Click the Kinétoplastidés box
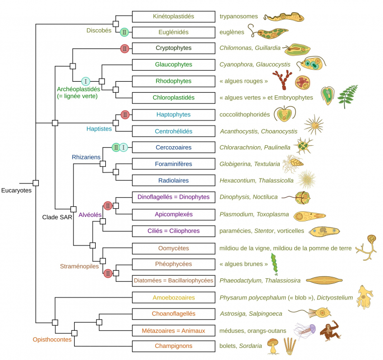[173, 17]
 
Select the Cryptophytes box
[173, 49]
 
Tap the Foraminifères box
[173, 164]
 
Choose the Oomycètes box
[173, 248]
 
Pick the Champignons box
[173, 346]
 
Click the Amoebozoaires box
[173, 298]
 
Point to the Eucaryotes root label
[16, 191]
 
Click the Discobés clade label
[99, 30]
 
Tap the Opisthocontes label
[52, 339]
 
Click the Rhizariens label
[86, 157]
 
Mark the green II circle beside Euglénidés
[124, 32]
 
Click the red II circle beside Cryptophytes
[124, 49]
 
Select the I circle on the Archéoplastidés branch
[86, 81]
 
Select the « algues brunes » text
[244, 264]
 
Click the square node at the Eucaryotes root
[36, 183]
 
